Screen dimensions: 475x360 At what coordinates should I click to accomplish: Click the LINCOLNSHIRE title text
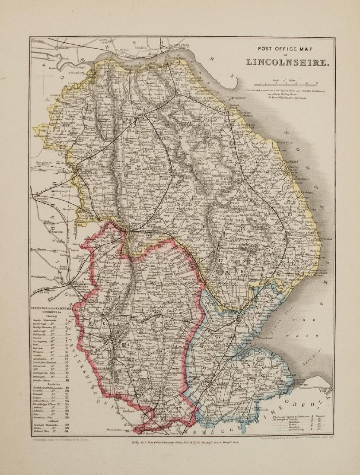pyautogui.click(x=287, y=62)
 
